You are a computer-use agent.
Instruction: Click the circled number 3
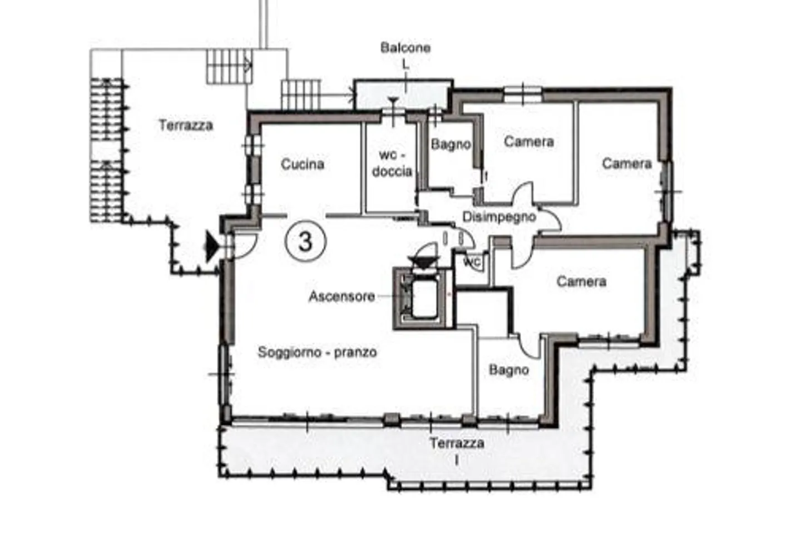305,241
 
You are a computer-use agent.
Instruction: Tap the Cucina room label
302,164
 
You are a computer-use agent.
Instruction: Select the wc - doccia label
392,163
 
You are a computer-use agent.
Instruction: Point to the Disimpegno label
499,217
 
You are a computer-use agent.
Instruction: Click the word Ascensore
342,296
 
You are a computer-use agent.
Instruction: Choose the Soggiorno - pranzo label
317,352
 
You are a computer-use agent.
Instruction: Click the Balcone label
405,48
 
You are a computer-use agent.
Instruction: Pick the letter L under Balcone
406,65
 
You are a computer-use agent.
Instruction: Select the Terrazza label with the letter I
457,444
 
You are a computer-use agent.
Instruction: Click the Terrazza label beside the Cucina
185,125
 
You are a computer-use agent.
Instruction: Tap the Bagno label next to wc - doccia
450,145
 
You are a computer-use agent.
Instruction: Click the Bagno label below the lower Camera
508,370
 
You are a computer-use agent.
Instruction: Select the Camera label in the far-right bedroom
626,163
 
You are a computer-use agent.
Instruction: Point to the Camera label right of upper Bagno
528,142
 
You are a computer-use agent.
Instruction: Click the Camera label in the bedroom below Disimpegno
581,281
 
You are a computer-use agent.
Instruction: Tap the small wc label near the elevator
472,261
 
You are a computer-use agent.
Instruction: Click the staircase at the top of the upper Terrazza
230,66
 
